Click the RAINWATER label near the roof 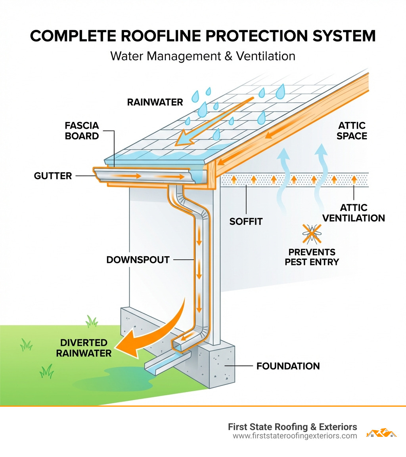click(155, 102)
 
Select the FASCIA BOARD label click(82, 131)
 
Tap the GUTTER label click(53, 175)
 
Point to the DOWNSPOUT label click(138, 260)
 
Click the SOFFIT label click(246, 221)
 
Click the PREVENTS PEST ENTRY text click(312, 257)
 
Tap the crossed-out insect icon click(312, 233)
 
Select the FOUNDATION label click(288, 366)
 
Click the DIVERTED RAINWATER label click(84, 348)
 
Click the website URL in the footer click(295, 436)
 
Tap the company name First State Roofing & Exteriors click(292, 427)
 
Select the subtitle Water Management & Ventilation click(203, 56)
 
